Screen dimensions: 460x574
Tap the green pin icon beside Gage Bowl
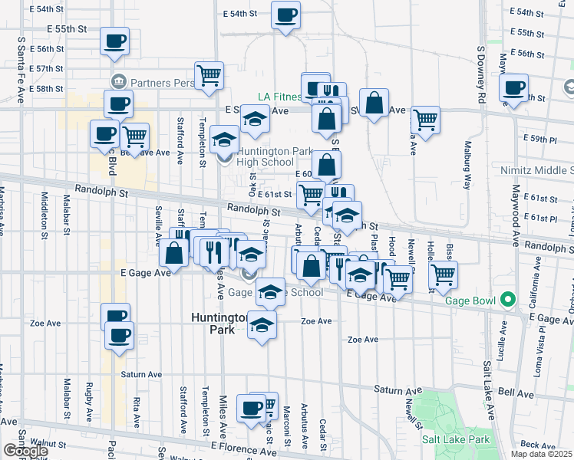pyautogui.click(x=507, y=299)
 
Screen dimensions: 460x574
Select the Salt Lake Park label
pyautogui.click(x=455, y=440)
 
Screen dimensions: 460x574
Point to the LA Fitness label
pyautogui.click(x=279, y=97)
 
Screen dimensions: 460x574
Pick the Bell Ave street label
pyautogui.click(x=516, y=392)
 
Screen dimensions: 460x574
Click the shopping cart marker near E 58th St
pyautogui.click(x=209, y=75)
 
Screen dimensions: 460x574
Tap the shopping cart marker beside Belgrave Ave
pyautogui.click(x=135, y=136)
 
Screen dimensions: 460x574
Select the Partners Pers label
pyautogui.click(x=151, y=80)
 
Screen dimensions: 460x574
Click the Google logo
pyautogui.click(x=25, y=451)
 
